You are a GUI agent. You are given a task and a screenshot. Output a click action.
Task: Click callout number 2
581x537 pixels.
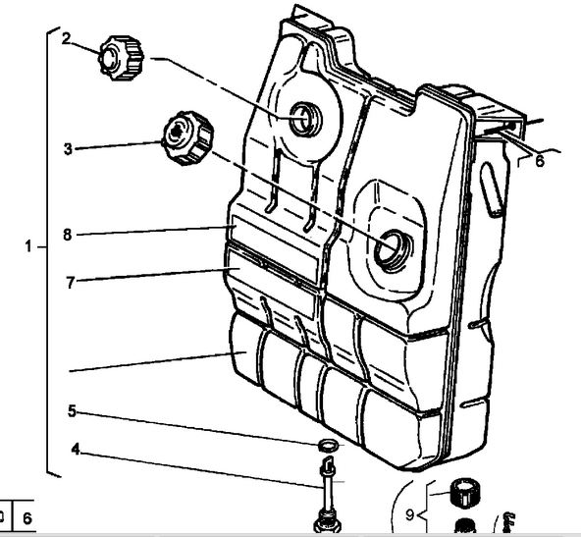67,38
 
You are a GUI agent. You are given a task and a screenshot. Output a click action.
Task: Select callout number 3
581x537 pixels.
68,149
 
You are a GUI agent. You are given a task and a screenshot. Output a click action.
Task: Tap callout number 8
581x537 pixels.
67,235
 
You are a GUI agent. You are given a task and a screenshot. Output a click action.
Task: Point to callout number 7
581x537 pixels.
71,283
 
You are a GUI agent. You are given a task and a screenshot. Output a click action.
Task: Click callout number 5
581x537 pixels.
72,411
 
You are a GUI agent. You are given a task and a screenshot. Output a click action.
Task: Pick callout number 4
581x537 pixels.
76,450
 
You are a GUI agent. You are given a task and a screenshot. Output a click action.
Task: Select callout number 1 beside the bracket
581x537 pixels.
28,246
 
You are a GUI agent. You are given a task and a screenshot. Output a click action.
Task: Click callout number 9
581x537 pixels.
409,514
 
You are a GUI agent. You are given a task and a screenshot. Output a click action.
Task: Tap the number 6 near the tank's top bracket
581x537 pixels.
540,161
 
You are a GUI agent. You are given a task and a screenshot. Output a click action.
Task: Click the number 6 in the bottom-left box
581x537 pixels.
27,518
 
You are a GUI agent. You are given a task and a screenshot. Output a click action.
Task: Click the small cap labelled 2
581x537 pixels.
121,58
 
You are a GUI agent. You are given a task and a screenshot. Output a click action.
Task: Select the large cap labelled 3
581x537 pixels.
187,137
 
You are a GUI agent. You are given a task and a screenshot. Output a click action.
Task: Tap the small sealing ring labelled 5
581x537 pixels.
329,446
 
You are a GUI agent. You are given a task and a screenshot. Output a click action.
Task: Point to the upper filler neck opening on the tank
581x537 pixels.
305,120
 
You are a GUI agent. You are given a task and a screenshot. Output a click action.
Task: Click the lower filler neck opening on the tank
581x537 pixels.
394,250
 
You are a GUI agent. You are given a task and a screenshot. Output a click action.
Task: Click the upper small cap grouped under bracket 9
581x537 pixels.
465,494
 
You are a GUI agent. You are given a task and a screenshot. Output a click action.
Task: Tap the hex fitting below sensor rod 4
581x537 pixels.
327,522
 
